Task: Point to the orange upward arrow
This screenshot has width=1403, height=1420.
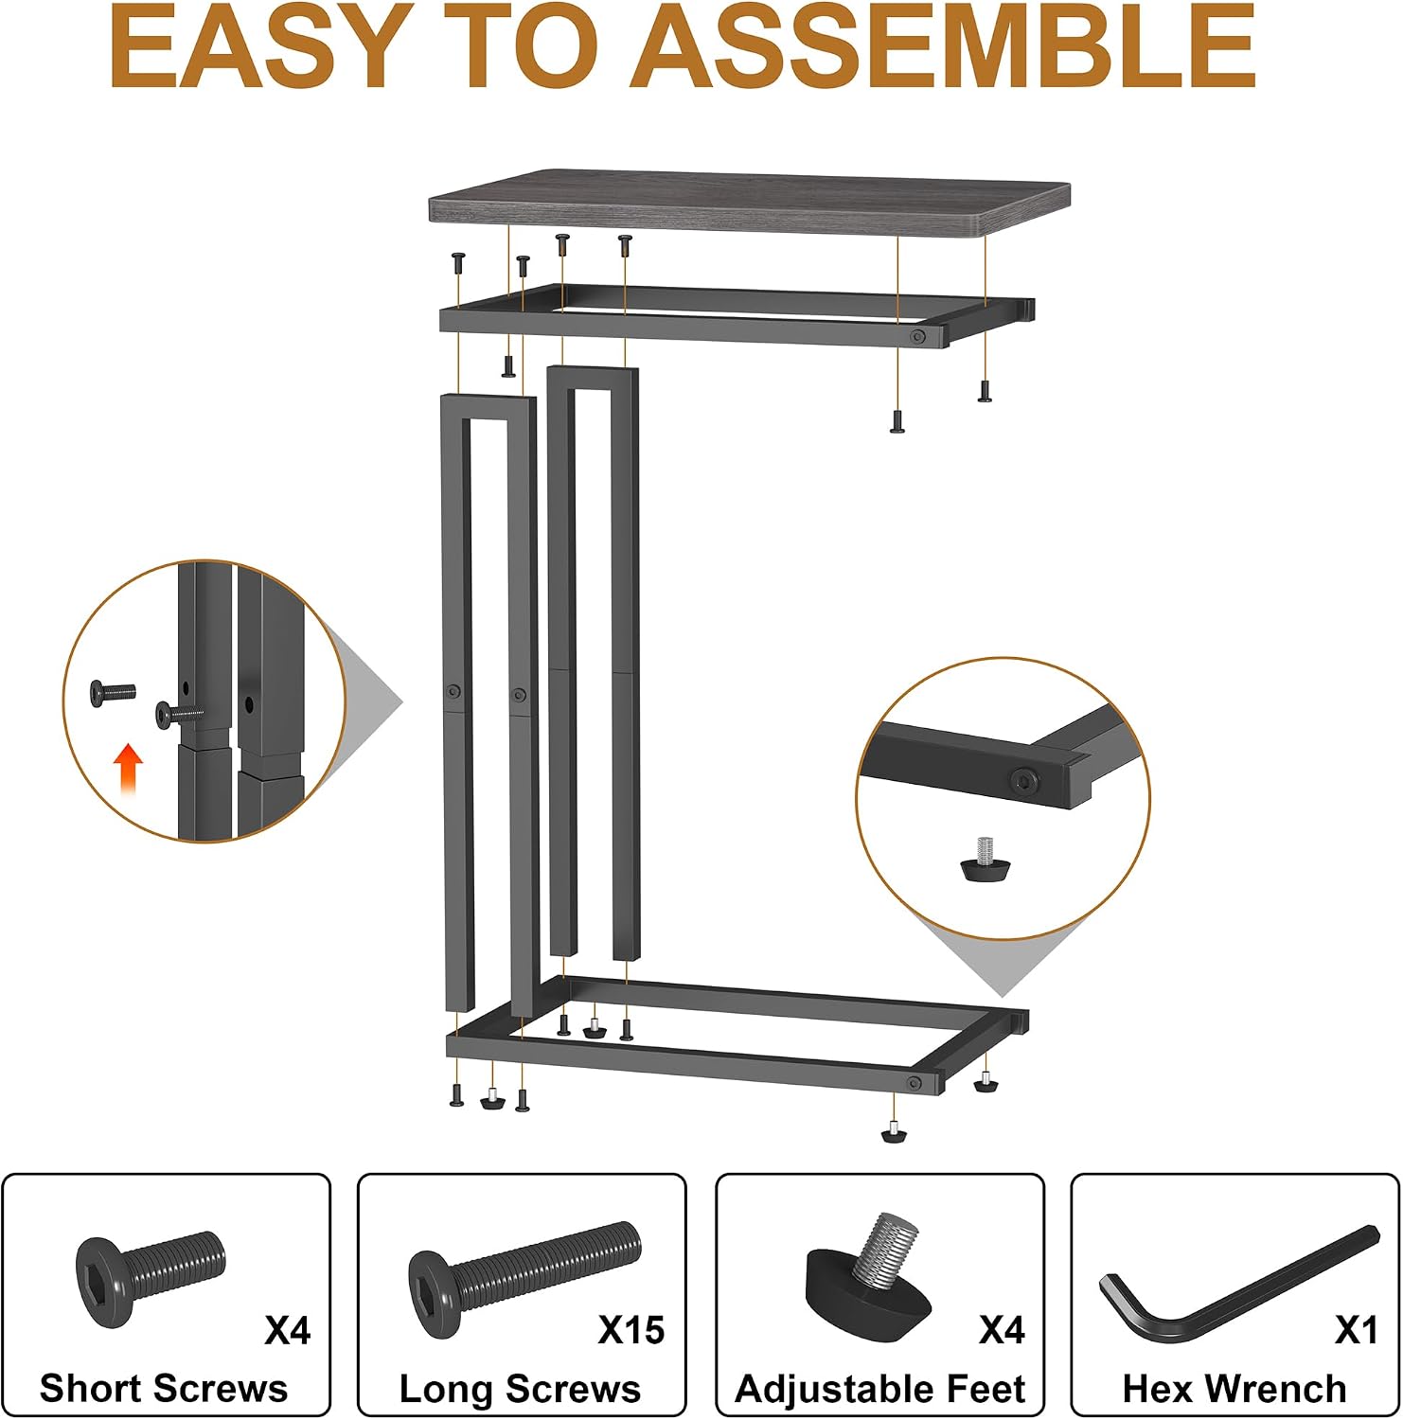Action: click(128, 768)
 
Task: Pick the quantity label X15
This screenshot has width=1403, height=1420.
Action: click(631, 1331)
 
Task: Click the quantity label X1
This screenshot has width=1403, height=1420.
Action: click(1356, 1331)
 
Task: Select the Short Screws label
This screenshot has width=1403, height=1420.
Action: click(164, 1389)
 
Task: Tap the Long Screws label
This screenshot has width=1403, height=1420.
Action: click(520, 1389)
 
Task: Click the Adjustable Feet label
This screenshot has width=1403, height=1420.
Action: click(880, 1389)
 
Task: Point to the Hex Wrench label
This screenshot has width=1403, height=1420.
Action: click(1234, 1389)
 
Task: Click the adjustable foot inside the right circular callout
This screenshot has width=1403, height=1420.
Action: click(985, 858)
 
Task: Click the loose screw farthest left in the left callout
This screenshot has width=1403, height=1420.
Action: click(113, 692)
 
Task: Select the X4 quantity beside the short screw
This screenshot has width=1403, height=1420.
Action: click(288, 1331)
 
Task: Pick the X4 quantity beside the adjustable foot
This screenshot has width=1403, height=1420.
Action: click(1002, 1331)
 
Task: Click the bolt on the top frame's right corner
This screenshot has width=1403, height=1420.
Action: click(917, 336)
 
